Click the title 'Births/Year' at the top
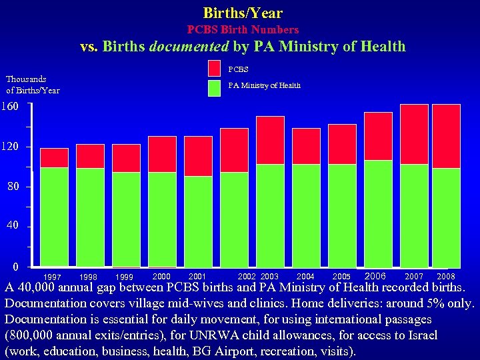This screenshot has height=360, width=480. tap(243, 13)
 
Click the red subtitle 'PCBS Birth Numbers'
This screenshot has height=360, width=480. tap(243, 30)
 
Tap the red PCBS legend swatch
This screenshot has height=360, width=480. tap(214, 69)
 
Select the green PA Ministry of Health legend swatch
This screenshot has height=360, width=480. tap(214, 88)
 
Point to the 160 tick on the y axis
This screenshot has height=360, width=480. tap(10, 106)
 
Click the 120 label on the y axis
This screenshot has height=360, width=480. tap(10, 147)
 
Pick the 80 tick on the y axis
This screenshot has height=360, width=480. tap(13, 187)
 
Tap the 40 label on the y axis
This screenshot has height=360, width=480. tap(13, 227)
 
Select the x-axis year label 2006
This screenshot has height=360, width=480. tap(376, 276)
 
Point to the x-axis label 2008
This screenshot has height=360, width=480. tap(446, 277)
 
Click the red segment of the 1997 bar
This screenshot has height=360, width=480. tap(54, 157)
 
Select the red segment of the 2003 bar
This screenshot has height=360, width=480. tap(270, 140)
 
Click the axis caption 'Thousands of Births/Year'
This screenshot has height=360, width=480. tap(32, 85)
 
